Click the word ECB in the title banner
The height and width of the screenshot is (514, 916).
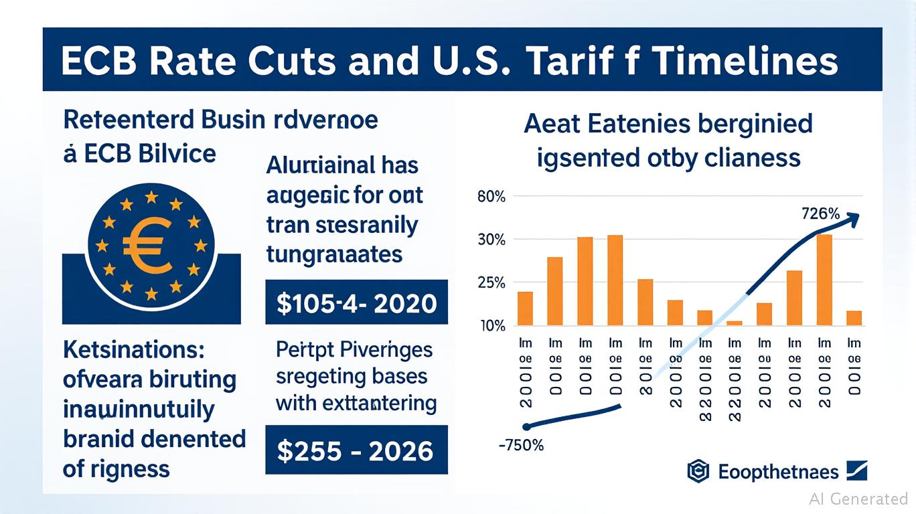pyautogui.click(x=99, y=61)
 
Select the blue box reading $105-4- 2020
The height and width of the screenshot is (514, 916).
pyautogui.click(x=356, y=303)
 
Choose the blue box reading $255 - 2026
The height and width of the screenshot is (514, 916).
pyautogui.click(x=356, y=450)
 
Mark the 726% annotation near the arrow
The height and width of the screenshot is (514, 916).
pyautogui.click(x=820, y=215)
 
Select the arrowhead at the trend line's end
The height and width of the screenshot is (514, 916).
pyautogui.click(x=853, y=217)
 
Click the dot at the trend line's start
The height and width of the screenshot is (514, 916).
pyautogui.click(x=526, y=426)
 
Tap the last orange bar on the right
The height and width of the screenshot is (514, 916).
pyautogui.click(x=854, y=319)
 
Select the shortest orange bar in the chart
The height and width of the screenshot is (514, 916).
pyautogui.click(x=735, y=323)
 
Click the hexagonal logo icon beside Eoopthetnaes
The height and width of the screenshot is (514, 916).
pyautogui.click(x=698, y=472)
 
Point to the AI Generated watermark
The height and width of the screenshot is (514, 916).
pyautogui.click(x=858, y=499)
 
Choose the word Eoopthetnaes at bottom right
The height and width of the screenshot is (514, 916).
pyautogui.click(x=778, y=472)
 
